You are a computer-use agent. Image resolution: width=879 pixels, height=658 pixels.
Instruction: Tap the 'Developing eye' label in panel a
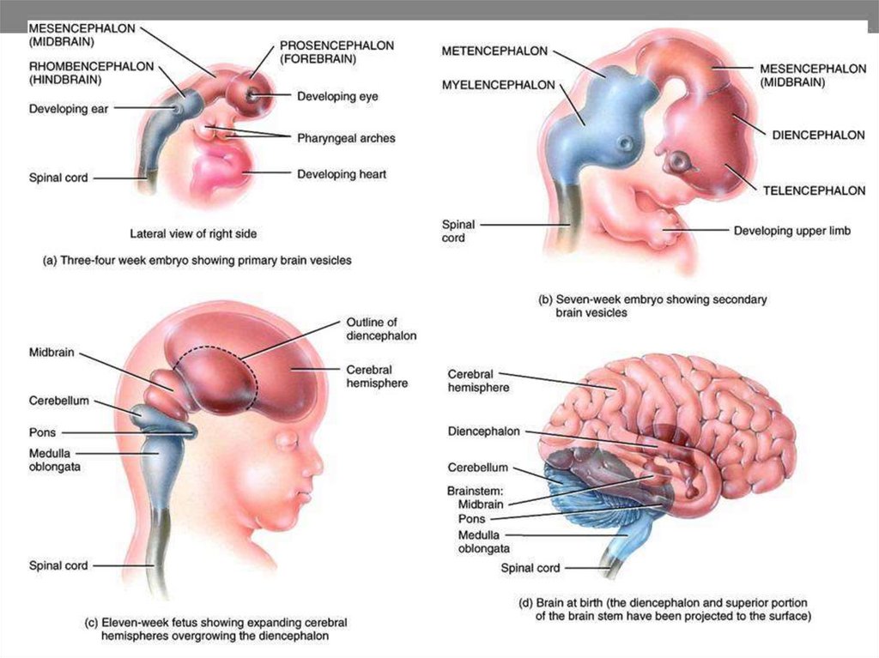pyautogui.click(x=337, y=97)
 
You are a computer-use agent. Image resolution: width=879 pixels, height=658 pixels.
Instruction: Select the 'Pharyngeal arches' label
pyautogui.click(x=346, y=137)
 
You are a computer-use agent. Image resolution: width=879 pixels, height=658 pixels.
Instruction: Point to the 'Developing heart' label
pyautogui.click(x=342, y=175)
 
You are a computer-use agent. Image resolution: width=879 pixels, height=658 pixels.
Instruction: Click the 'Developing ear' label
pyautogui.click(x=69, y=109)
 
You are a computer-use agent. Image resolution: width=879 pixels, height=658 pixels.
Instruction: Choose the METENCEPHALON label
pyautogui.click(x=494, y=52)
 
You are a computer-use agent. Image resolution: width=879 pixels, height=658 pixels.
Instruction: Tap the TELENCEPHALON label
pyautogui.click(x=813, y=190)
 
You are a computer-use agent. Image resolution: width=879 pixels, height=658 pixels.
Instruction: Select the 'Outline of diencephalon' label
pyautogui.click(x=381, y=329)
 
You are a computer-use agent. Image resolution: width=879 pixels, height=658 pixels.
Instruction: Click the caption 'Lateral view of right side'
pyautogui.click(x=193, y=232)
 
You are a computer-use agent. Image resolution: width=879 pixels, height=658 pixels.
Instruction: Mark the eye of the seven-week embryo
pyautogui.click(x=682, y=160)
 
